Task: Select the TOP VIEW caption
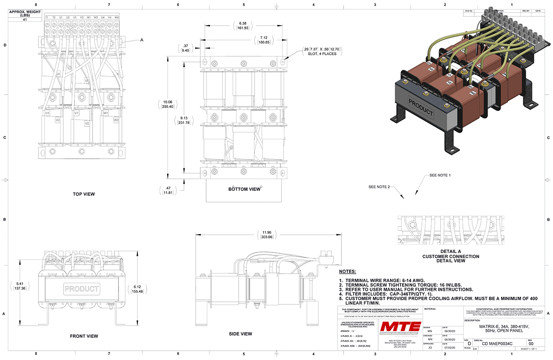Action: [84, 194]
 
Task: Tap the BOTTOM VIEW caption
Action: [244, 189]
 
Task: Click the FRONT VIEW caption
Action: [84, 336]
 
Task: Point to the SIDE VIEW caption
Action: [240, 334]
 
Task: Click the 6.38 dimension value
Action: [243, 24]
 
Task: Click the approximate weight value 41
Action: [25, 20]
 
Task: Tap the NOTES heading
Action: [347, 272]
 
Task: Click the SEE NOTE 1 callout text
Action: [440, 175]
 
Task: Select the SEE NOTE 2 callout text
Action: [379, 187]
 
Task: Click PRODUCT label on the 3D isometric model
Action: [421, 107]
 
